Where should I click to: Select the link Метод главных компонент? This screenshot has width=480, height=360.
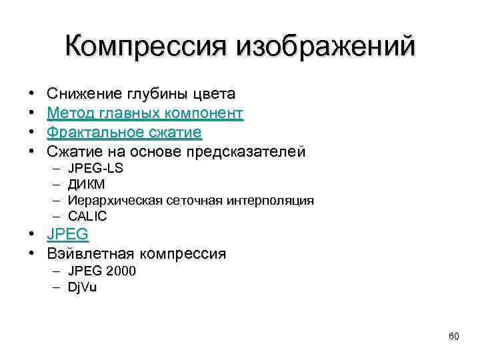145,113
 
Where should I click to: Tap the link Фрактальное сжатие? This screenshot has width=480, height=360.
124,133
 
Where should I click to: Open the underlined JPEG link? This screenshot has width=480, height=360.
68,234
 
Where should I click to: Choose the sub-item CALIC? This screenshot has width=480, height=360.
87,217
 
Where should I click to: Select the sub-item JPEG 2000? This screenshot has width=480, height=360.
102,271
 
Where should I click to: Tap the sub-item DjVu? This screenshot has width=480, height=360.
83,287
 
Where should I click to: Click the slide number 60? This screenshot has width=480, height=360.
454,337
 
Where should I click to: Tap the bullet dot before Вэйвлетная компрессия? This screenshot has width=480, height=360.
32,254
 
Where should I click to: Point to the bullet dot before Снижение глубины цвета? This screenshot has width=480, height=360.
32,94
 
